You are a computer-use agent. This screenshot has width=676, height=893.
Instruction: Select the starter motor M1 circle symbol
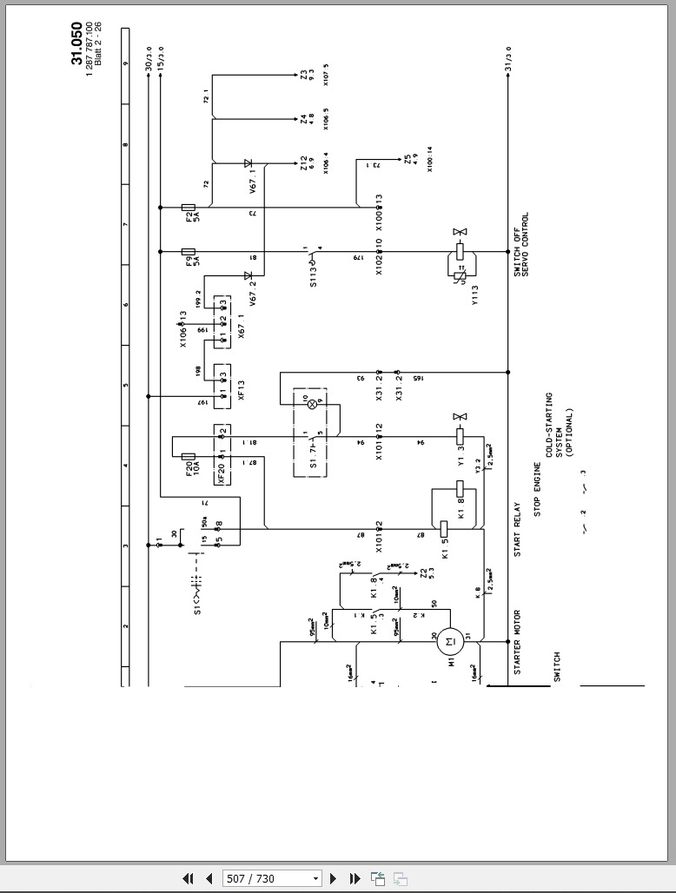point(449,642)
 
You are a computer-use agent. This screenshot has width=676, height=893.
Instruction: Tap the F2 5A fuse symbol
point(188,208)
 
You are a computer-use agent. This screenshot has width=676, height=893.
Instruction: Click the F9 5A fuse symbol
point(188,252)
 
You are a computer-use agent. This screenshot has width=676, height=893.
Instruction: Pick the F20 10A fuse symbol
point(188,455)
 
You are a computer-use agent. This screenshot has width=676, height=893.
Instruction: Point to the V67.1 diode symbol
point(248,163)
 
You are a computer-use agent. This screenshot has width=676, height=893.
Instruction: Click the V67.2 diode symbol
point(248,275)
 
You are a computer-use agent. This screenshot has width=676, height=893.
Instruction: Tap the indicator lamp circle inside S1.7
point(311,405)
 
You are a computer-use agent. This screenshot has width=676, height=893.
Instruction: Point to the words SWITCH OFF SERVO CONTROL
point(520,245)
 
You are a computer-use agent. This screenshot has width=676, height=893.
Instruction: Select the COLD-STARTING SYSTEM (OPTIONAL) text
point(559,433)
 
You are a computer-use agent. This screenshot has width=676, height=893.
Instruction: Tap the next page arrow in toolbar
point(334,878)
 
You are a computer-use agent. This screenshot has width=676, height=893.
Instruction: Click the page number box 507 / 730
point(271,878)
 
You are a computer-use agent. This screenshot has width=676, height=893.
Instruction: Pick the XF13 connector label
point(242,390)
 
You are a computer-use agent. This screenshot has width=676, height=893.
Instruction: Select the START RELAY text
point(517,530)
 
